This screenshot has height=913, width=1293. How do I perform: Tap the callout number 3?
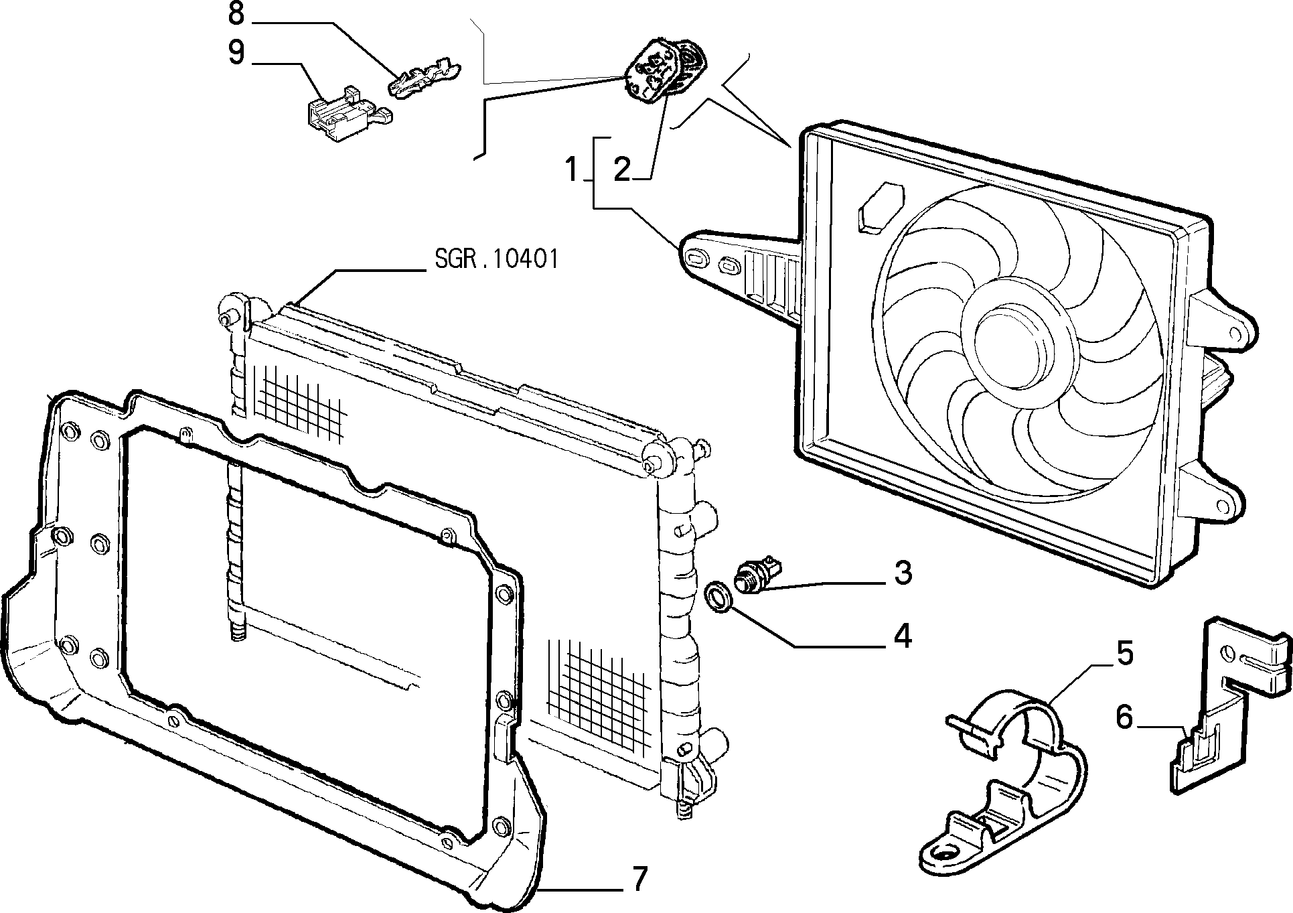[903, 573]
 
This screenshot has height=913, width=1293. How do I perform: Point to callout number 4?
[903, 636]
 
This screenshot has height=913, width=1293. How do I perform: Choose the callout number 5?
[1124, 654]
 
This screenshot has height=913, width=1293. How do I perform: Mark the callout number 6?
[1124, 718]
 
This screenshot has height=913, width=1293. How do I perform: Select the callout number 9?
[236, 53]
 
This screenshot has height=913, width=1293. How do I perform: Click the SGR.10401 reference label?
[496, 259]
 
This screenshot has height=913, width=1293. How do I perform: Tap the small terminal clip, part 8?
[425, 78]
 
